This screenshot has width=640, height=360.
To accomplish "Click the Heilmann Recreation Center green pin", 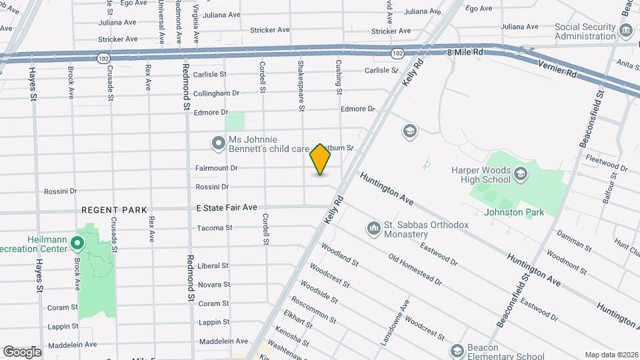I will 77,245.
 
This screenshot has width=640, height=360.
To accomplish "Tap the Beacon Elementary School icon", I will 457,351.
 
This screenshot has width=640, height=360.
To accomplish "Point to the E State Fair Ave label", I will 227,208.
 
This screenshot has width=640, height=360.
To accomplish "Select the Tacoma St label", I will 215,228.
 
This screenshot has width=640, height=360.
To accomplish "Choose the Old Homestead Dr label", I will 415,269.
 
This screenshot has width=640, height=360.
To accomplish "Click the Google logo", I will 22,351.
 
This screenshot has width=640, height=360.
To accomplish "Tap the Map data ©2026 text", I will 610,355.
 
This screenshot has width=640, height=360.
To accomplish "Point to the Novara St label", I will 214,285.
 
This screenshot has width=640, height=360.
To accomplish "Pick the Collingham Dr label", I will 216,93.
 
